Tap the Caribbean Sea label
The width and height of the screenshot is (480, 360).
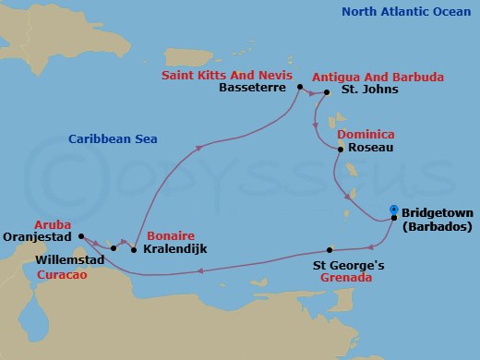(x=112, y=139)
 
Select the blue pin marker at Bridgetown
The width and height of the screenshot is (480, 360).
(x=394, y=210)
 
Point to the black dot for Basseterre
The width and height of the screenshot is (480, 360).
(x=300, y=88)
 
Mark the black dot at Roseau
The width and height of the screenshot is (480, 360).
(x=341, y=150)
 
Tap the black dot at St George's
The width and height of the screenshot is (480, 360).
(x=330, y=249)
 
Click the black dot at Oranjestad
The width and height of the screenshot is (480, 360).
(x=80, y=235)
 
